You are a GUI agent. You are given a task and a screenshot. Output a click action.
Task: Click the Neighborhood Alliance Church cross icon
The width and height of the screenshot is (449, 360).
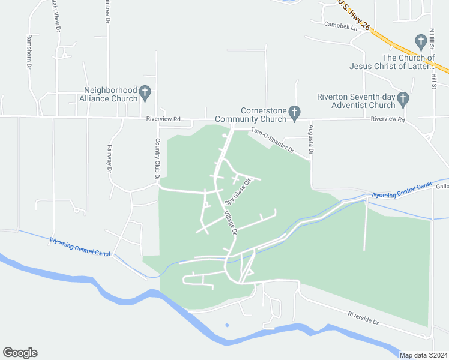click(145, 92)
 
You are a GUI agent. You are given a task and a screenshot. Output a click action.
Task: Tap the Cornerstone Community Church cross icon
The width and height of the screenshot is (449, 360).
click(294, 112)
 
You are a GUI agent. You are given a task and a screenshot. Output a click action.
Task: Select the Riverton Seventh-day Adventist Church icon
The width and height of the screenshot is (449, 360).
click(403, 98)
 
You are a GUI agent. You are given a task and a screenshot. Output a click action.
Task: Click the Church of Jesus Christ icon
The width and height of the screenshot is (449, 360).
click(421, 42)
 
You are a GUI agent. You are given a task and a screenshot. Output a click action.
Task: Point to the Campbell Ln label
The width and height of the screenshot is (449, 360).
click(340, 26)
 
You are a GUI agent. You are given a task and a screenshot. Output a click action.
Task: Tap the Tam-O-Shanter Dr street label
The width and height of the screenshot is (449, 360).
click(273, 140)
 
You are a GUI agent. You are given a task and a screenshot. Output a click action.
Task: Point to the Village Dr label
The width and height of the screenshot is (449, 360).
click(231, 222)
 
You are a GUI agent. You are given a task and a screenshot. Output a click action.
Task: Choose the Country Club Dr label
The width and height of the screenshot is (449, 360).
click(157, 158)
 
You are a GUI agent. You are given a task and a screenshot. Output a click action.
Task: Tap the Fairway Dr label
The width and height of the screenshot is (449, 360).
click(110, 159)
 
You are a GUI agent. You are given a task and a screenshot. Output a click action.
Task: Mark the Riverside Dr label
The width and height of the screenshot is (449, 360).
click(364, 318)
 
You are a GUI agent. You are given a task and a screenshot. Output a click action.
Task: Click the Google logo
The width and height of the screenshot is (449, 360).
click(20, 353)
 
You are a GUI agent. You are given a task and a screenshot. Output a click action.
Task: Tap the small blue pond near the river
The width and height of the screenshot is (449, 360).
click(226, 325)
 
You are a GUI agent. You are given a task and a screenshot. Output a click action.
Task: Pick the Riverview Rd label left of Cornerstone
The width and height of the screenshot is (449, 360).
click(163, 119)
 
